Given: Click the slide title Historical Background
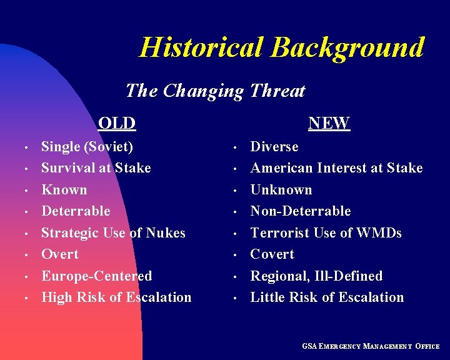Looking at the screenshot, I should point(281,47).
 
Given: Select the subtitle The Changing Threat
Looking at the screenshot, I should point(215,91).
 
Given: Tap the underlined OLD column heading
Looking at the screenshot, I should point(116,123).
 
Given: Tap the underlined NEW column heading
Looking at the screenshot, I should point(329,123).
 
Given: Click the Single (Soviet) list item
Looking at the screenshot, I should point(87,147).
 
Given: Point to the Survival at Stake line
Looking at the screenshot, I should point(96,168).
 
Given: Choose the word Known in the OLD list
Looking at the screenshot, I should point(64,190).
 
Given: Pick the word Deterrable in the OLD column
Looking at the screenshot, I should point(75,211).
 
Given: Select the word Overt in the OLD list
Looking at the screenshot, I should point(60,254).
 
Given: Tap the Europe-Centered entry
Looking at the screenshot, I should point(96,276).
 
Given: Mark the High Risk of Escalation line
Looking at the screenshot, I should point(116,297).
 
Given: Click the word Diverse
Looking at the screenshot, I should point(274,147).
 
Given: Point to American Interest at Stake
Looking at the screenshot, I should point(336,168).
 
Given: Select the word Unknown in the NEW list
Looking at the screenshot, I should point(281,190).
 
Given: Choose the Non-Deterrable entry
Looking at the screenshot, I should point(300,211).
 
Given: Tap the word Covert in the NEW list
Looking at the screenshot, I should point(272,254).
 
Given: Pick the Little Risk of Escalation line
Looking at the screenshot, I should point(327,297).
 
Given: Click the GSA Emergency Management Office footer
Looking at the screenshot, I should point(371,346).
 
